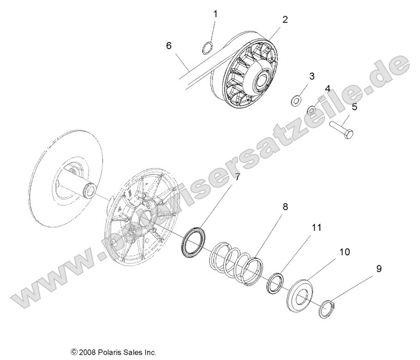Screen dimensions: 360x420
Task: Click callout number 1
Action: coord(215,14)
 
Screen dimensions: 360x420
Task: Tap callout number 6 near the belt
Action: coord(169,46)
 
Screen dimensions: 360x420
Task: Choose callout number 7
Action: coord(237,177)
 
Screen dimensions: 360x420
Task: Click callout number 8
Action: coord(285,194)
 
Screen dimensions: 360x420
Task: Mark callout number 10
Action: coord(345,252)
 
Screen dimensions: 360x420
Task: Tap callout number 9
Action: coord(378,268)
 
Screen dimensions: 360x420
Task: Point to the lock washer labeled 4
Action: coord(312,110)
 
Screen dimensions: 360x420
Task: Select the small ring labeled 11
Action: coord(275,282)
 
